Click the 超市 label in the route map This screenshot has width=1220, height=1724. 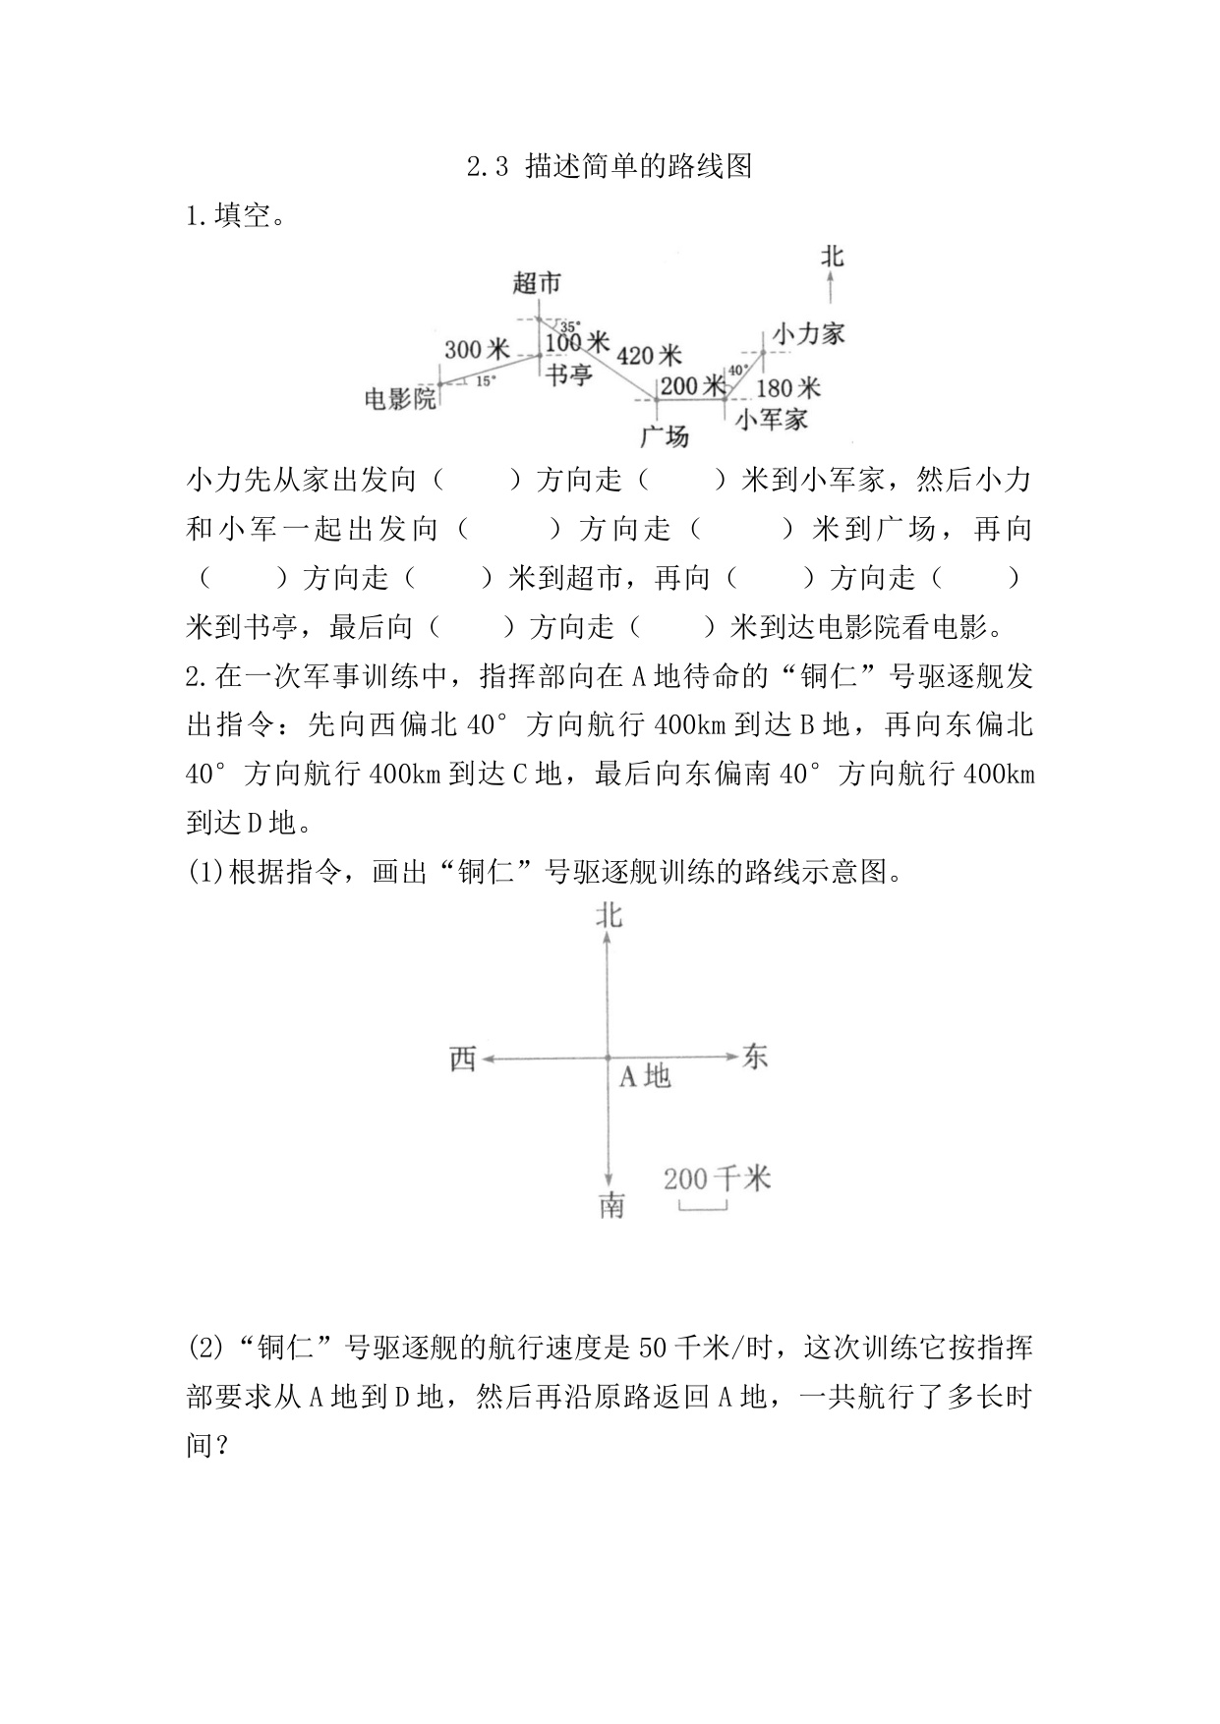coord(537,284)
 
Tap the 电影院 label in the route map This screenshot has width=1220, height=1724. coord(400,399)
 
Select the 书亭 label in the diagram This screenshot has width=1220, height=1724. coord(569,374)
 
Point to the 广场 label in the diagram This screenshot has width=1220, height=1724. coord(665,435)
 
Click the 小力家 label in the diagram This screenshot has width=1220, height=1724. coord(808,333)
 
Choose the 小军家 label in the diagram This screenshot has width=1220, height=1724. coord(772,420)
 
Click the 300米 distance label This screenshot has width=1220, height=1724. coord(477,349)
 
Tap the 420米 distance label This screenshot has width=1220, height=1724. coord(649,355)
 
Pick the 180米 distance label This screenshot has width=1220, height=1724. coord(788,386)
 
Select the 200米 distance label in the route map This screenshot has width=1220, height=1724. coord(693,386)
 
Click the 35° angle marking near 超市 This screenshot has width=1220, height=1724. coord(569,325)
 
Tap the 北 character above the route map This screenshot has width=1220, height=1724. coord(832,258)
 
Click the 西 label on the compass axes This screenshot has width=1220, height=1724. coord(463,1059)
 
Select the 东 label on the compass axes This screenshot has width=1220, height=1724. coord(755,1057)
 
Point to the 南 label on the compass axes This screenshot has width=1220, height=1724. coord(611,1205)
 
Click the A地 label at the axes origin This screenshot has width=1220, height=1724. coord(645,1077)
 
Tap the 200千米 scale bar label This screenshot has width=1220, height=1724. coord(717,1178)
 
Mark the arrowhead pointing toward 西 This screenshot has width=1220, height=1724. coord(486,1059)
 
